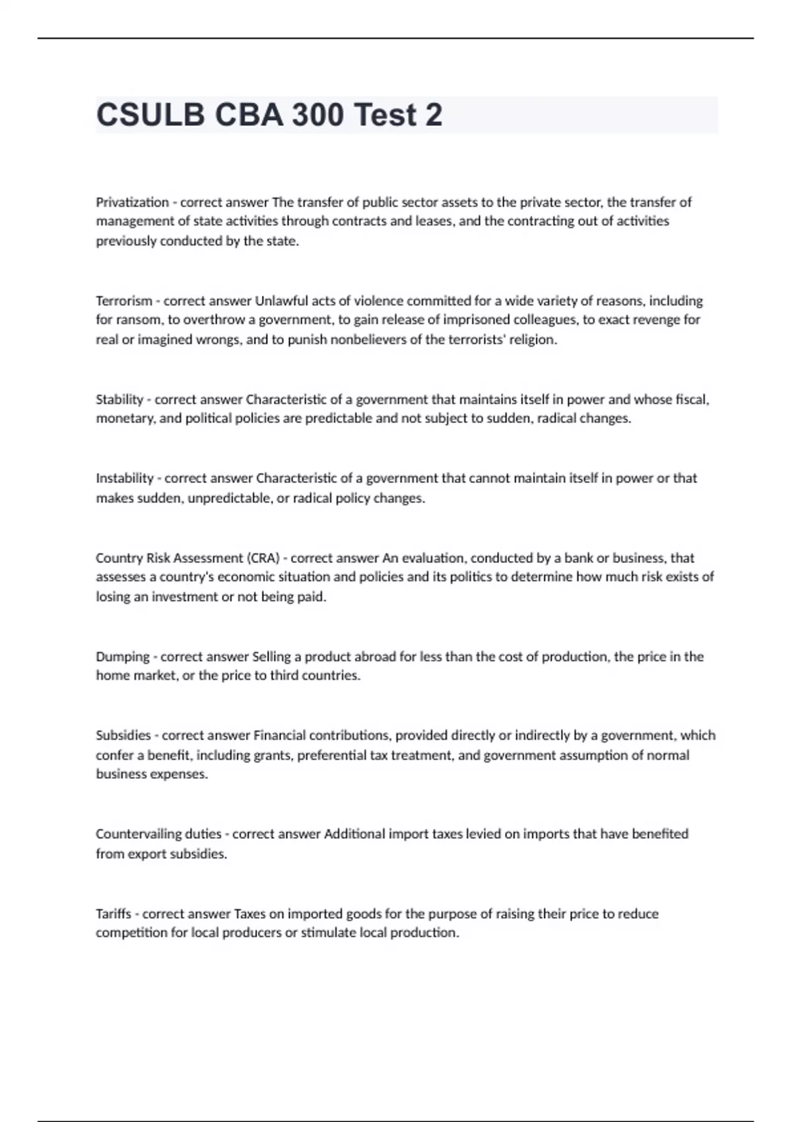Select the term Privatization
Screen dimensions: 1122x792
(x=132, y=202)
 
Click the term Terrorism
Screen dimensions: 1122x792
(x=124, y=301)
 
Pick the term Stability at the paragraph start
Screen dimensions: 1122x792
(x=119, y=399)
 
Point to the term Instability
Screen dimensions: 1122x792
(x=125, y=478)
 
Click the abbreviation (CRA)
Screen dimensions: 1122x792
(x=263, y=558)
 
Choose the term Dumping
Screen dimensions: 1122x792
(x=123, y=657)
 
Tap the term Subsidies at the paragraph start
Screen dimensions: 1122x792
(x=123, y=735)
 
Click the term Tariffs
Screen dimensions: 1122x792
(x=114, y=914)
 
